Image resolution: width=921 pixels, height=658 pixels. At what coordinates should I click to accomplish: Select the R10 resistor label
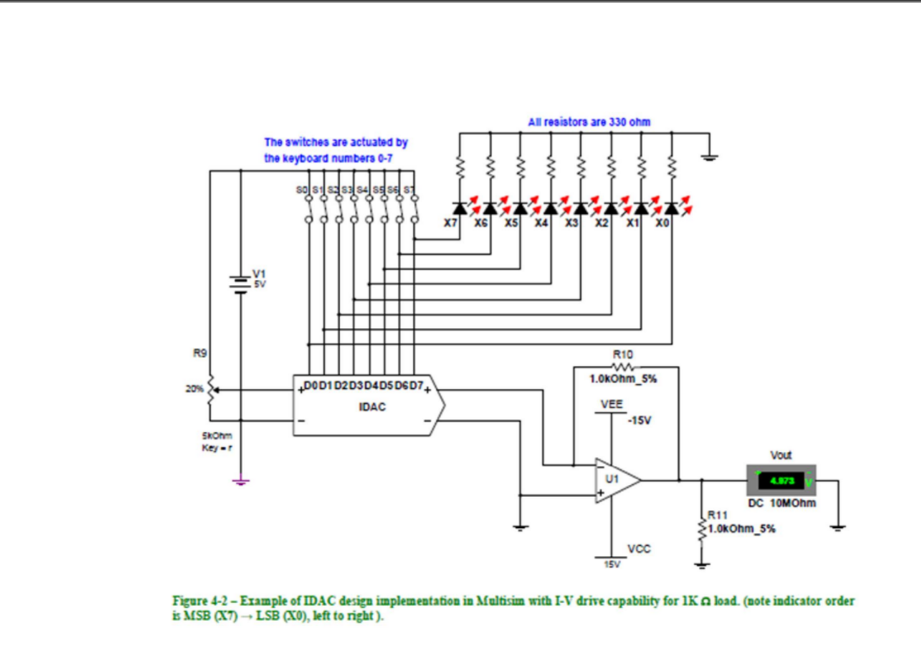point(623,357)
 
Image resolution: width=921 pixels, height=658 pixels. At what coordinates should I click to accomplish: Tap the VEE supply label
point(611,404)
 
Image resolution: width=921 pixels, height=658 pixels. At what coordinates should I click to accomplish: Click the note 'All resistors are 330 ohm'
point(589,122)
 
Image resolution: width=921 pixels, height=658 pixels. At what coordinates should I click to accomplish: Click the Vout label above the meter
point(781,455)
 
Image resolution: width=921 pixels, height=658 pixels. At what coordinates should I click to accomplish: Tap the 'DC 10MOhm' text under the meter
point(782,505)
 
